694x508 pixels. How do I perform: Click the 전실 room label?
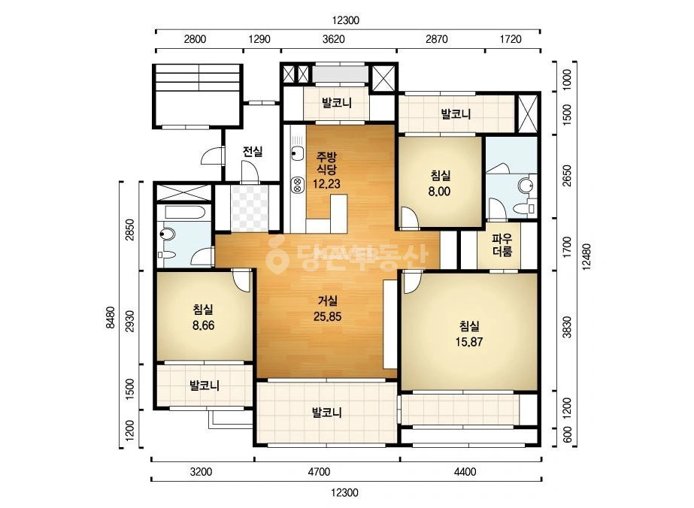pos(253,152)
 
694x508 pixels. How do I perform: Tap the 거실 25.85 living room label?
pos(328,309)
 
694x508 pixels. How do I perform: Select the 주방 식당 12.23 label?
pos(326,170)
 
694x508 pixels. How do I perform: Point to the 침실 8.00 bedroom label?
pos(440,183)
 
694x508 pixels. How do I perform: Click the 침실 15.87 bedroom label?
pos(469,334)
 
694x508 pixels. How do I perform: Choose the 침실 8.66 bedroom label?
pos(203,318)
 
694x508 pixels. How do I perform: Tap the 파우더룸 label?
pos(502,245)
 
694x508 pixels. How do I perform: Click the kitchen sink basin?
pos(298,155)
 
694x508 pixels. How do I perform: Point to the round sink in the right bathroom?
pos(526,185)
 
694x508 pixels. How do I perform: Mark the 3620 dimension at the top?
pos(334,39)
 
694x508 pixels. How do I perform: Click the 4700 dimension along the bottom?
pos(319,472)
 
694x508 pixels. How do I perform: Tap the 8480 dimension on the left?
pos(111,318)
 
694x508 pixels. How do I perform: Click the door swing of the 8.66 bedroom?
pos(242,281)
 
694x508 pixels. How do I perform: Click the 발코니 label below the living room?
pos(327,413)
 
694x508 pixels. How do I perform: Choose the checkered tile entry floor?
pos(250,208)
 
